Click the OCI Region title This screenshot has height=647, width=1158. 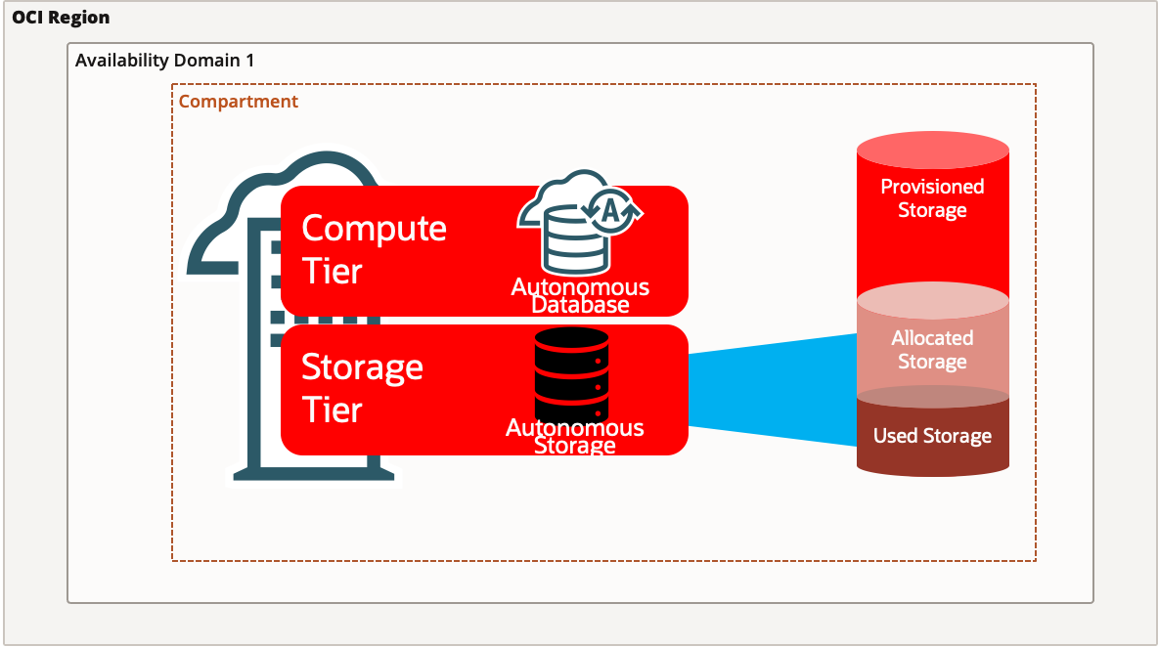pos(61,18)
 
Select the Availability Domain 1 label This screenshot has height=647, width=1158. pos(164,61)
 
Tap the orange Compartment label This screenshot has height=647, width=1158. pos(239,102)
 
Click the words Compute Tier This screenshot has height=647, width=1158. pos(374,249)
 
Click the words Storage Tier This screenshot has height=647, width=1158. pos(362,388)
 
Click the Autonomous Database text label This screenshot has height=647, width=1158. pos(580,295)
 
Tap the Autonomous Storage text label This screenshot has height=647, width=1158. pos(575,436)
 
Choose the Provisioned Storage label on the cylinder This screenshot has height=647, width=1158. pos(932,198)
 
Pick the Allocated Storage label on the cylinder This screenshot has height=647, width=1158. pos(932,350)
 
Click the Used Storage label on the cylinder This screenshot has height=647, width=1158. pos(932,436)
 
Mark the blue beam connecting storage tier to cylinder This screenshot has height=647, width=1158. pos(773,389)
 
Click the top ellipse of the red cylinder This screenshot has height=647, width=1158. pos(932,152)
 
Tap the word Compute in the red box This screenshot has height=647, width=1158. pos(374,228)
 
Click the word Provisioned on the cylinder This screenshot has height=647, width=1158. pos(932,187)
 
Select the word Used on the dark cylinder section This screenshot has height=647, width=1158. pos(894,436)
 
